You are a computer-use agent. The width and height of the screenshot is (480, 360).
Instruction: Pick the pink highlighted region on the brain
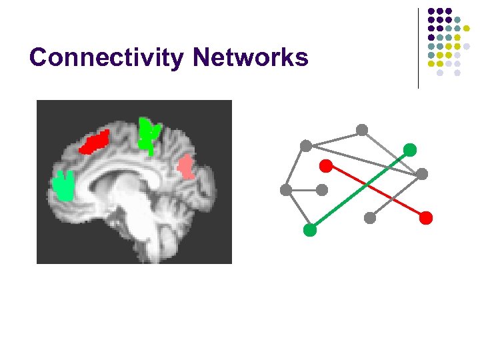pyautogui.click(x=185, y=167)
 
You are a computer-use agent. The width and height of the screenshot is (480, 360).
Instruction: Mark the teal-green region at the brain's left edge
pyautogui.click(x=64, y=186)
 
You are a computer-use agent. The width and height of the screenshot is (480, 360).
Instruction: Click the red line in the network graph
pyautogui.click(x=376, y=191)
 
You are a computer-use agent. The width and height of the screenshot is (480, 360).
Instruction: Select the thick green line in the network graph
pyautogui.click(x=360, y=189)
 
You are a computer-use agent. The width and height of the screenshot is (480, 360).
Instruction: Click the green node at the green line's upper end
pyautogui.click(x=410, y=150)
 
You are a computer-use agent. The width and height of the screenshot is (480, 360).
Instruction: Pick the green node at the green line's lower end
pyautogui.click(x=309, y=230)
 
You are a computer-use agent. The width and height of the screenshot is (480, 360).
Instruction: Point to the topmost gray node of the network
pyautogui.click(x=362, y=129)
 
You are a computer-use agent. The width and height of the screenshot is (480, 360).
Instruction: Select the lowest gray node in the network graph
pyautogui.click(x=370, y=217)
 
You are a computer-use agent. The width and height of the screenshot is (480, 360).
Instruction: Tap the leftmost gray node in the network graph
pyautogui.click(x=286, y=190)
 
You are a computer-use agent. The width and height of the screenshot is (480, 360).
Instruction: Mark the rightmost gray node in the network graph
pyautogui.click(x=422, y=174)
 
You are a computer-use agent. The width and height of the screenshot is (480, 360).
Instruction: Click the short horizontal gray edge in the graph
pyautogui.click(x=304, y=190)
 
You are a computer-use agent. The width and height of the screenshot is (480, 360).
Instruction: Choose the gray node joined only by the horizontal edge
pyautogui.click(x=322, y=190)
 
